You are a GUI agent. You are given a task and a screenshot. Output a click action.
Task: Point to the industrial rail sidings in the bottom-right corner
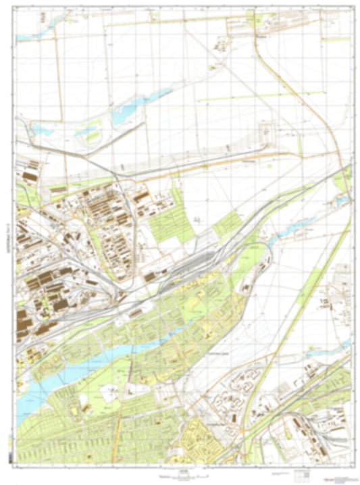317,432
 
